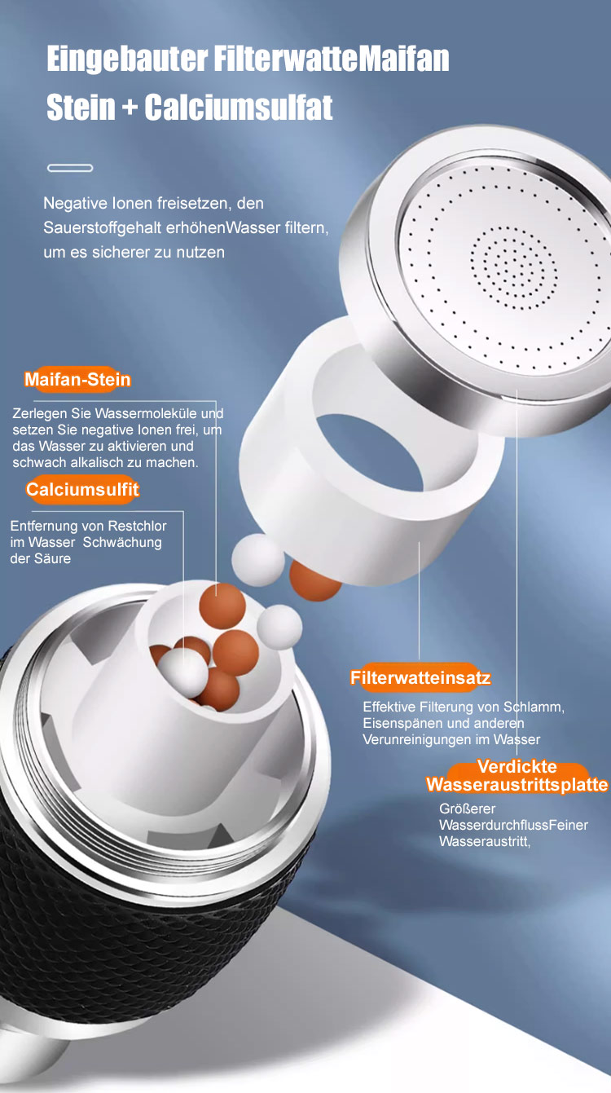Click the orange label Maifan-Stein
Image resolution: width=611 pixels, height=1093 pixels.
click(77, 379)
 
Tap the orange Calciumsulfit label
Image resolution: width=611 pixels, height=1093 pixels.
click(82, 489)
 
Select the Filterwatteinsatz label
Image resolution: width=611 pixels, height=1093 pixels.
click(420, 677)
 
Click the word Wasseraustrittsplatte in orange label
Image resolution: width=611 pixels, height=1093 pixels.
click(516, 784)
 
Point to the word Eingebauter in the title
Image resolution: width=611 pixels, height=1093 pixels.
click(127, 59)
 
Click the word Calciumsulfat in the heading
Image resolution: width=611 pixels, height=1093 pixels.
click(239, 107)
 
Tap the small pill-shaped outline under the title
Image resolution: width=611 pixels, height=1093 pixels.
click(70, 168)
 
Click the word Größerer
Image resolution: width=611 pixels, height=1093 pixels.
click(467, 809)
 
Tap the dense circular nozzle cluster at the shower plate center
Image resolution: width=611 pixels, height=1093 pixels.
click(513, 268)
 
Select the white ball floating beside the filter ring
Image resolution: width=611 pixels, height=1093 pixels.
click(258, 560)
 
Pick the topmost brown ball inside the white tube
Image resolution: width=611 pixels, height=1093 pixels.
click(222, 606)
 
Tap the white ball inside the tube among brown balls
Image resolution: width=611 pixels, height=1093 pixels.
click(182, 672)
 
